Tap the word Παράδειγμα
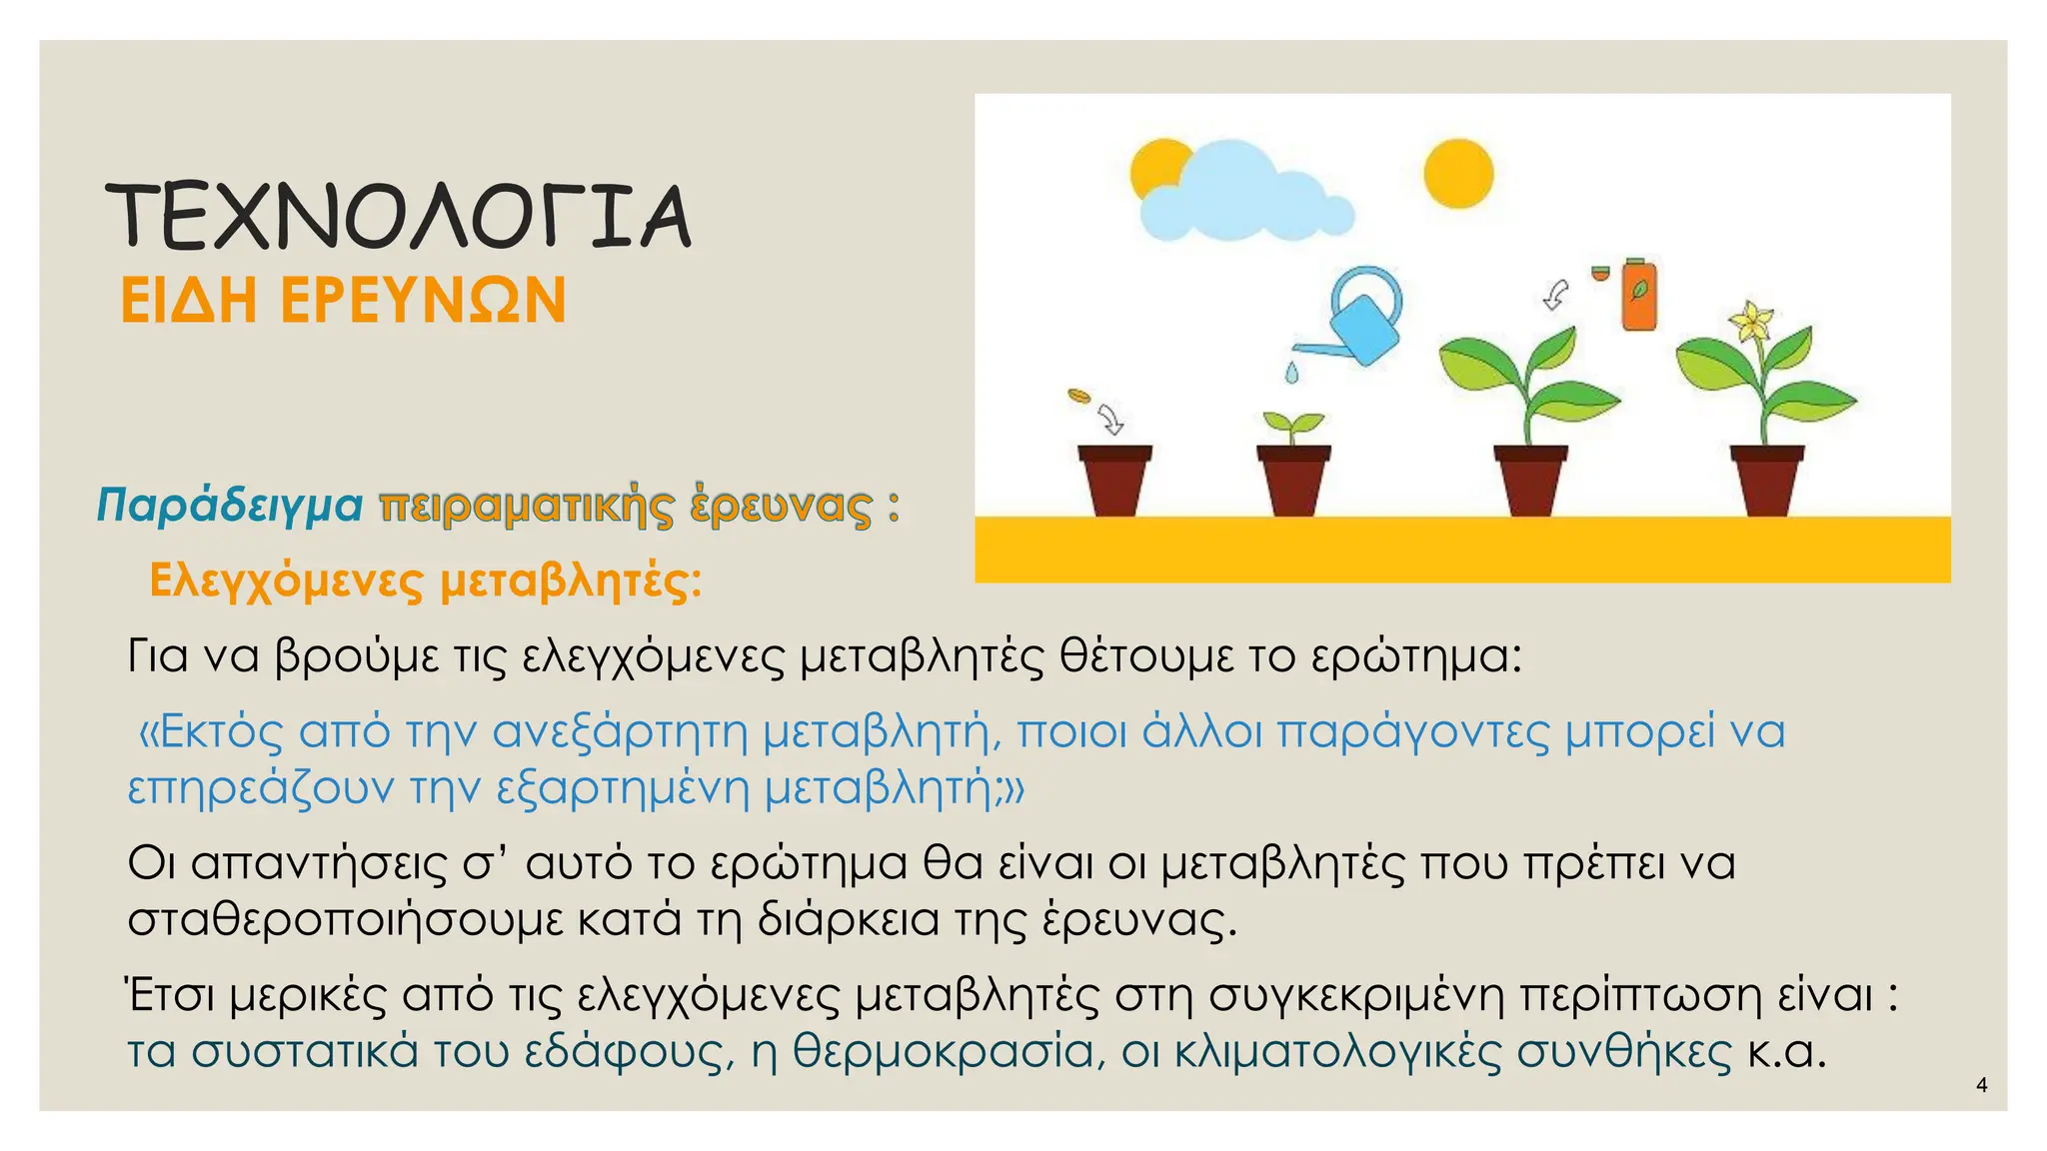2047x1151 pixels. point(230,505)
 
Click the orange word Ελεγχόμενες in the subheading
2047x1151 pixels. point(286,579)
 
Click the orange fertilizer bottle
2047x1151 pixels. point(1638,295)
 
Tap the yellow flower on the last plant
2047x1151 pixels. point(1751,322)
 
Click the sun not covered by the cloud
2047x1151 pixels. point(1458,174)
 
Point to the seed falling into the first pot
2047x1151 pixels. point(1077,397)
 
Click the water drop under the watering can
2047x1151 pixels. point(1292,373)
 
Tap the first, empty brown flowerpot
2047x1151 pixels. point(1114,480)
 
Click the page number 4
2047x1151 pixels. point(1982,1085)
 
